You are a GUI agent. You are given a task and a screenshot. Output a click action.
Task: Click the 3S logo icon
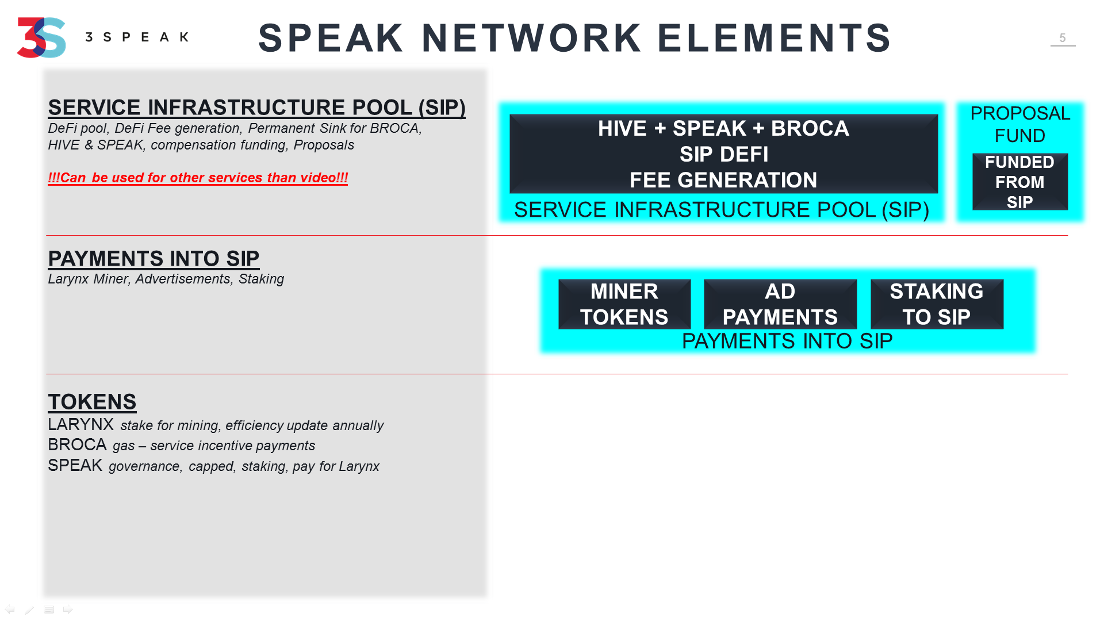pyautogui.click(x=41, y=37)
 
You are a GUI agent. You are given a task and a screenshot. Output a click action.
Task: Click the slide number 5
pyautogui.click(x=1063, y=38)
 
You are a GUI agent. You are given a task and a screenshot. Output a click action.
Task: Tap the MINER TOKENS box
pyautogui.click(x=624, y=304)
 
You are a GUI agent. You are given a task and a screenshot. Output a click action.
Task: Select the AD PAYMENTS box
pyautogui.click(x=780, y=304)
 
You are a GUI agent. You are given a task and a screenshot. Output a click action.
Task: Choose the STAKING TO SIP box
pyautogui.click(x=937, y=304)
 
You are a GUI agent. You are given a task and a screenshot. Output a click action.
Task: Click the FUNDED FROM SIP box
pyautogui.click(x=1020, y=182)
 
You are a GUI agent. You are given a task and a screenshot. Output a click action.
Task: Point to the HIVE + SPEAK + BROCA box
pyautogui.click(x=723, y=154)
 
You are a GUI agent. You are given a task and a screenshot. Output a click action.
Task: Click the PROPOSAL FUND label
pyautogui.click(x=1020, y=124)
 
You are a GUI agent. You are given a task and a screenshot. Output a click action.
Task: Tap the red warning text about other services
pyautogui.click(x=198, y=178)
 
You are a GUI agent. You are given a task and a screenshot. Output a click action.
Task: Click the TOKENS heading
pyautogui.click(x=92, y=402)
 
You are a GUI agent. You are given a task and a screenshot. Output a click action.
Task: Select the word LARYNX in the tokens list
pyautogui.click(x=80, y=424)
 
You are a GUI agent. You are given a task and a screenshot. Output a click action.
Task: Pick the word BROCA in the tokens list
pyautogui.click(x=77, y=444)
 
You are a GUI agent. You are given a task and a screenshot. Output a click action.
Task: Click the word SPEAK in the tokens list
pyautogui.click(x=75, y=465)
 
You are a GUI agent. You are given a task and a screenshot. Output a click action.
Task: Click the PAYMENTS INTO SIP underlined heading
pyautogui.click(x=154, y=259)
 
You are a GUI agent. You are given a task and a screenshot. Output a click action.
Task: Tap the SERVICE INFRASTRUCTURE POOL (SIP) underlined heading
pyautogui.click(x=256, y=108)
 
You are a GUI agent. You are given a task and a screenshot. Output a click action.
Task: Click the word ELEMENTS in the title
pyautogui.click(x=774, y=38)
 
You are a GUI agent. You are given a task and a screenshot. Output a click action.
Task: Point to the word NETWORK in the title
pyautogui.click(x=531, y=38)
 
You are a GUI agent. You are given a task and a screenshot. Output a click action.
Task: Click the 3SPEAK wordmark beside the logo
pyautogui.click(x=137, y=37)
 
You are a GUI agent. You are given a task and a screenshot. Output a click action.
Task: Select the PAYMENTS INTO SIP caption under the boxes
pyautogui.click(x=787, y=341)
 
